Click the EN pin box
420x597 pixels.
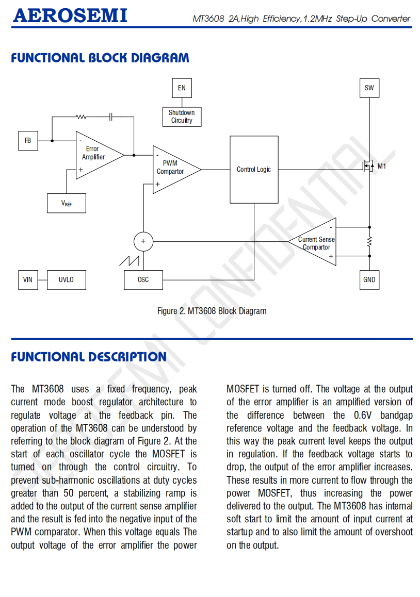click(182, 88)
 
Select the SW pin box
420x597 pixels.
click(369, 88)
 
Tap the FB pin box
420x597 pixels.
click(28, 141)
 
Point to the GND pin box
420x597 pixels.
click(369, 280)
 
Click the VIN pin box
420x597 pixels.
click(28, 280)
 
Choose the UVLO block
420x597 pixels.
click(66, 280)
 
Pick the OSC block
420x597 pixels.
click(143, 280)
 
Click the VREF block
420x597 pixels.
click(66, 203)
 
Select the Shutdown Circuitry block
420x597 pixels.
click(182, 117)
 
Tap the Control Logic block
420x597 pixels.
click(254, 170)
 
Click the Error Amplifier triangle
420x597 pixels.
click(96, 154)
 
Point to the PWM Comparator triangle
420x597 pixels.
click(173, 169)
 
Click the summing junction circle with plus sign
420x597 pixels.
click(143, 241)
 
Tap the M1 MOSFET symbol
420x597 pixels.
click(368, 167)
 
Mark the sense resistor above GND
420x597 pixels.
click(369, 241)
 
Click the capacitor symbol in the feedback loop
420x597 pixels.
click(111, 118)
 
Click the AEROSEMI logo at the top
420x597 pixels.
click(70, 16)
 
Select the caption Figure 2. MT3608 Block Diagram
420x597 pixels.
click(212, 311)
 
